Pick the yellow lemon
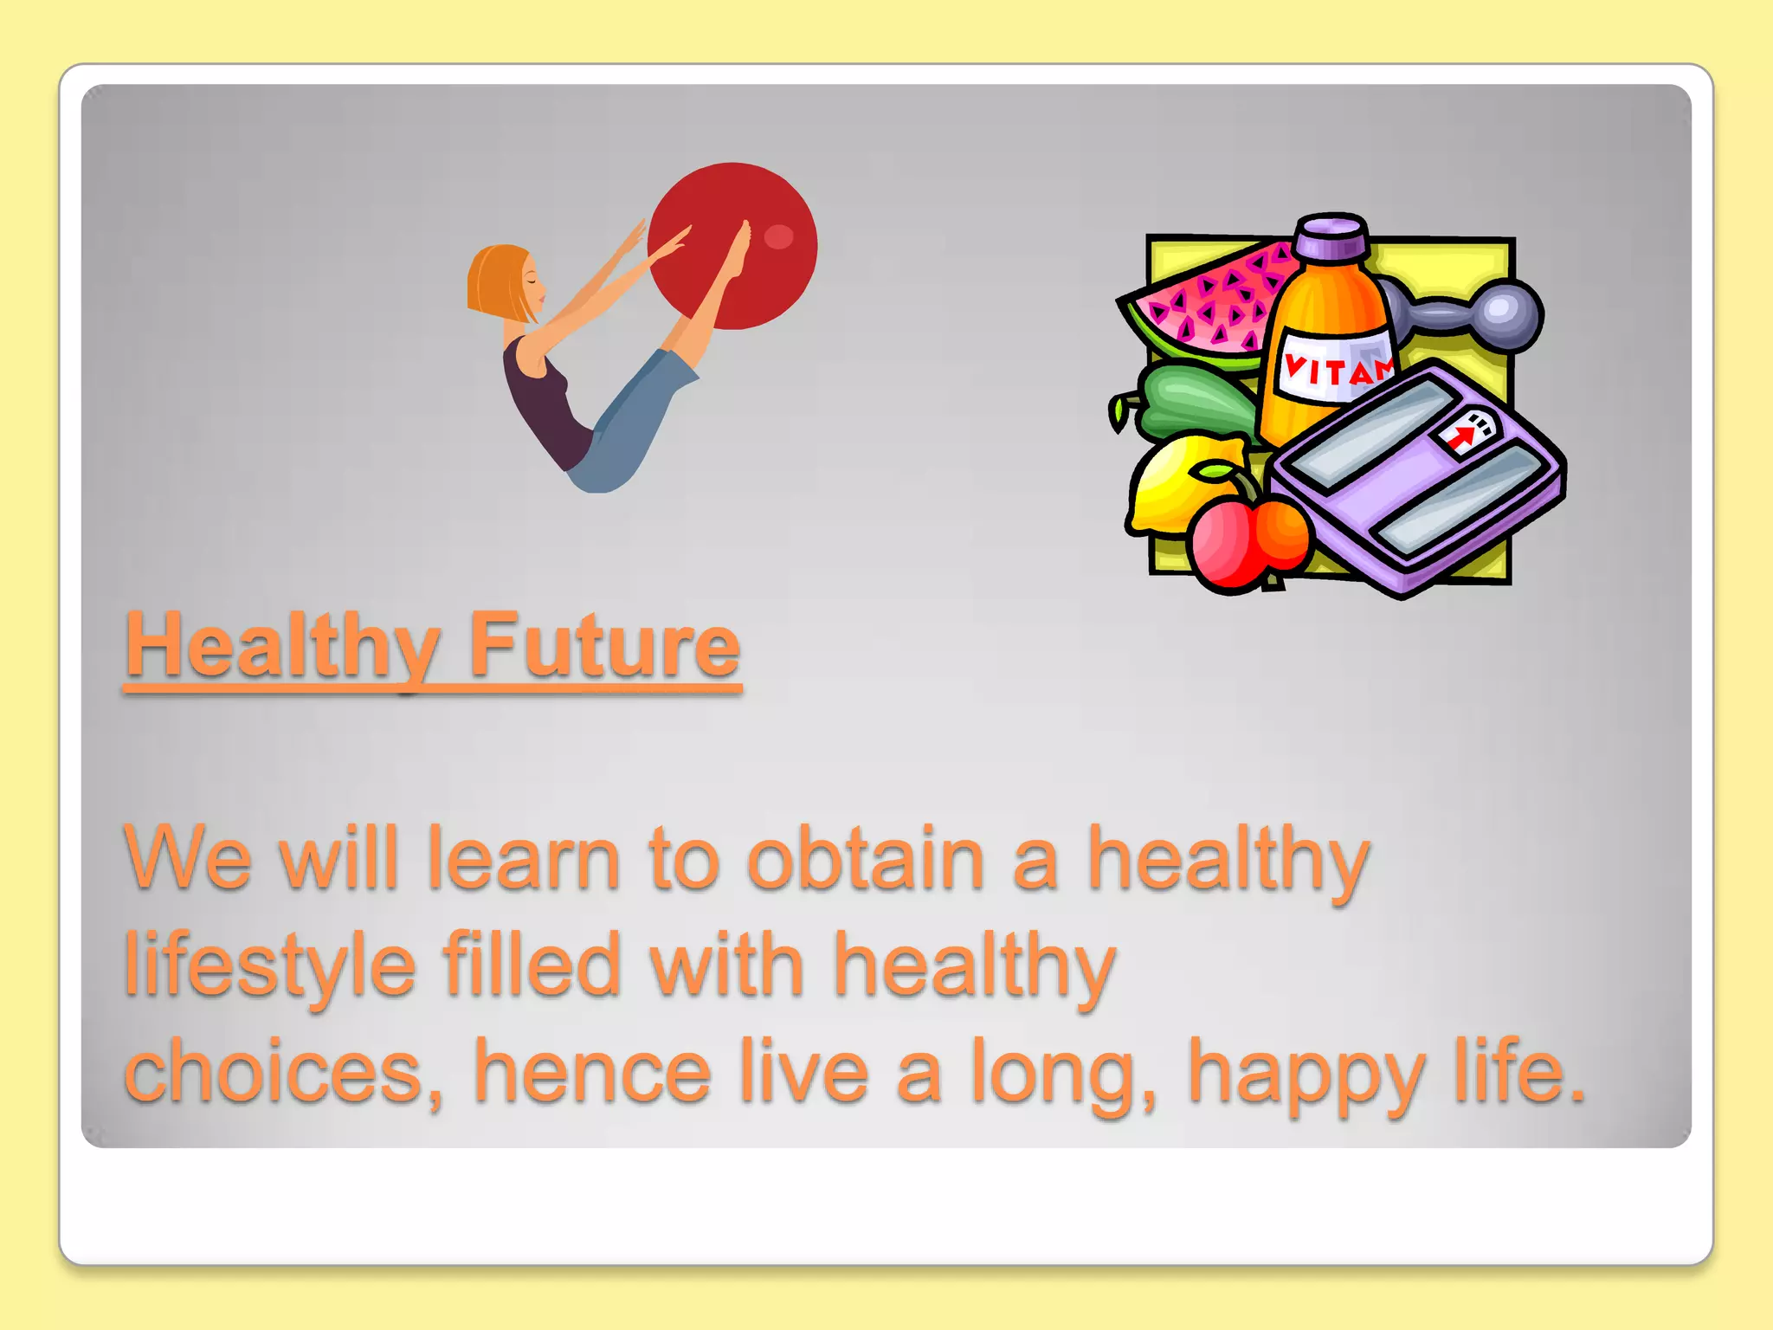(x=1164, y=490)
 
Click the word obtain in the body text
(x=866, y=859)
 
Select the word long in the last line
(x=1061, y=1074)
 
